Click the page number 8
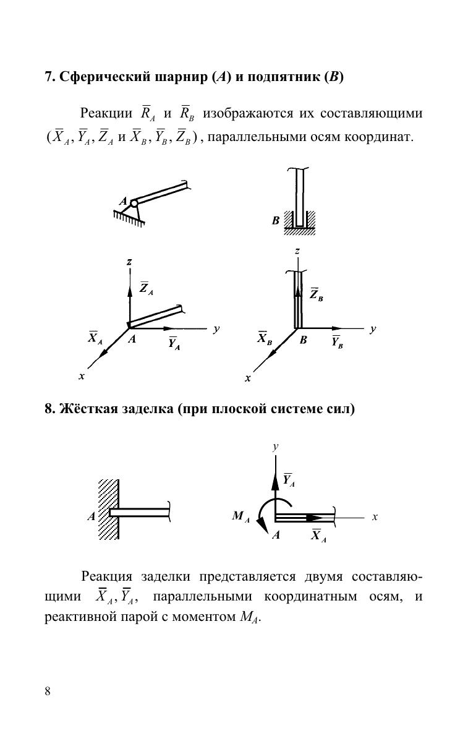click(48, 691)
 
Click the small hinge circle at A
click(134, 202)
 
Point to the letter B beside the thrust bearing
click(276, 220)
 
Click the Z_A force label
click(147, 288)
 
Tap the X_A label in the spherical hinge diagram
click(95, 338)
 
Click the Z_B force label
click(316, 294)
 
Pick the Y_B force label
click(337, 342)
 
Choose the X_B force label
click(265, 338)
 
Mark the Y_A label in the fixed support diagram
click(288, 480)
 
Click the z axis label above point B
click(297, 251)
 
